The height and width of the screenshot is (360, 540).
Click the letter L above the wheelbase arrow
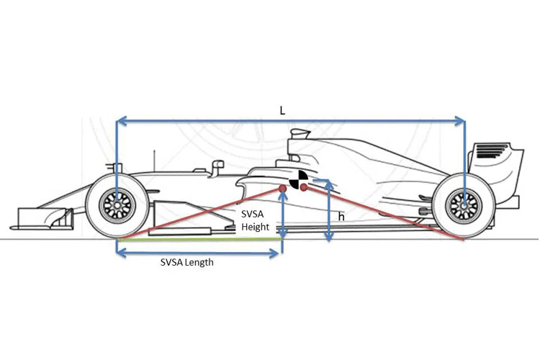[x=282, y=111]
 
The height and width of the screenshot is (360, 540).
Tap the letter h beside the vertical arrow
[x=341, y=216]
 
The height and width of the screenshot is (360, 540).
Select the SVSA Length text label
[x=187, y=263]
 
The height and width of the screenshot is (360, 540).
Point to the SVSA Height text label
[x=255, y=220]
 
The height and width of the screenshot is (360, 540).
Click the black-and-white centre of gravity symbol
[x=298, y=179]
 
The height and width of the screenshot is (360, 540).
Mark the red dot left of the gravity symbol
[x=282, y=189]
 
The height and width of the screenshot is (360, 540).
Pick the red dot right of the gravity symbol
[x=303, y=187]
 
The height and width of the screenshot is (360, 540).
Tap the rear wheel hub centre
[x=464, y=206]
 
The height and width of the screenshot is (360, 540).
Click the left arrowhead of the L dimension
[x=121, y=121]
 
